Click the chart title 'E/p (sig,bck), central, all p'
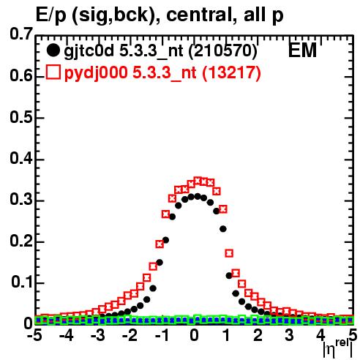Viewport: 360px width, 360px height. [x=160, y=15]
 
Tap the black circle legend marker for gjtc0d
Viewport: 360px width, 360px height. [x=53, y=50]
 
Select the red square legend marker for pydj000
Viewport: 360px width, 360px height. [x=53, y=72]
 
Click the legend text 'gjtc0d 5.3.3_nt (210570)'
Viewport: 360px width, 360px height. [x=160, y=51]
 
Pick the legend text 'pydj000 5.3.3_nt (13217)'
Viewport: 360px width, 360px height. [x=162, y=72]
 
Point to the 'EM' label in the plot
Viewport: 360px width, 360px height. [x=302, y=50]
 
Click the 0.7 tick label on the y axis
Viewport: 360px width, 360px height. [x=21, y=34]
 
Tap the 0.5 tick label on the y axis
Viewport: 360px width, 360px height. [x=21, y=117]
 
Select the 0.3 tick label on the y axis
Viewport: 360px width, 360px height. [x=21, y=200]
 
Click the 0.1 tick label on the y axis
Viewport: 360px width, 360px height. [x=21, y=282]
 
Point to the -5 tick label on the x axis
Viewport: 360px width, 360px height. [x=34, y=336]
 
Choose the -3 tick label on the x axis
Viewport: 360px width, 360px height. [x=98, y=336]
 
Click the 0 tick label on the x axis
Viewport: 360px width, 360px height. [x=194, y=336]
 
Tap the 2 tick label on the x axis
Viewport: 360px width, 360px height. [x=258, y=336]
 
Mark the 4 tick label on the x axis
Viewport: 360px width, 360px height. [x=320, y=336]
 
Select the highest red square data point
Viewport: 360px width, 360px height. [x=198, y=181]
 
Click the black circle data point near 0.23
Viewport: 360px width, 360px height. [x=223, y=229]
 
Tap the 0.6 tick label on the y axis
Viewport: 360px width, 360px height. [x=21, y=75]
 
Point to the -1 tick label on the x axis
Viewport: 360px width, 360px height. [x=163, y=336]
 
